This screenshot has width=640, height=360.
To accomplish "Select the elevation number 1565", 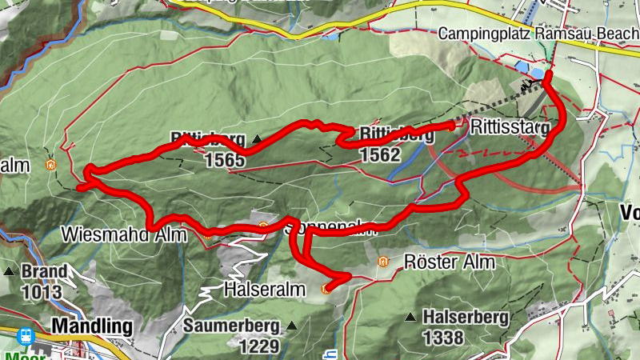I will click(224, 160).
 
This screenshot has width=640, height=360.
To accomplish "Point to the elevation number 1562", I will click(379, 155).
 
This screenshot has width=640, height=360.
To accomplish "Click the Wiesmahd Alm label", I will click(124, 235).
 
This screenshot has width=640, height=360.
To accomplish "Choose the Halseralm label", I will click(265, 289).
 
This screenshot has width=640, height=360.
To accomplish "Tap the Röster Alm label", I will click(450, 262).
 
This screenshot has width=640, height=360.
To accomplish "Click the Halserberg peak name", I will click(466, 318).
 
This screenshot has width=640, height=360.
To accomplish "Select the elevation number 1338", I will click(442, 338).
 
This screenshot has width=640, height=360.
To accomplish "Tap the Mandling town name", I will click(91, 326).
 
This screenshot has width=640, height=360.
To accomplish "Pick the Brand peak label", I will click(44, 270).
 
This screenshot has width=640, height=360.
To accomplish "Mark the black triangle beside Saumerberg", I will click(292, 326).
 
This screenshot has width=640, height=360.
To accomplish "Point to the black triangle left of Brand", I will click(10, 271).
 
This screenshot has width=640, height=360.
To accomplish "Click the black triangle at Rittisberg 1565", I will click(257, 139).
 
